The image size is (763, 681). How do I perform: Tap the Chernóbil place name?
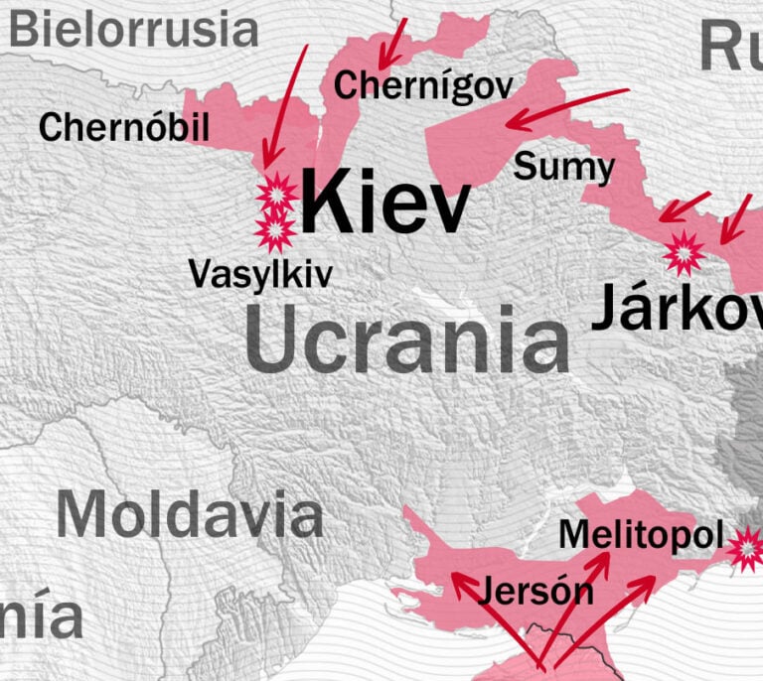point(124,127)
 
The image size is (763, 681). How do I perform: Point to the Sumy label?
point(563,167)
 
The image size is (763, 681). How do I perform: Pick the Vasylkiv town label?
point(260,274)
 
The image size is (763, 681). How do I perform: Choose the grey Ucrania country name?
point(407,340)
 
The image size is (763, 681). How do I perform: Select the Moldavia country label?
point(189,515)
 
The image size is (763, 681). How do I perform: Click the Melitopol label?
point(641,534)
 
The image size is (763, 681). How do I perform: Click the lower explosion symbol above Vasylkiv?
point(275,230)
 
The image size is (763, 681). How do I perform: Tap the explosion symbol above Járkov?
point(685,252)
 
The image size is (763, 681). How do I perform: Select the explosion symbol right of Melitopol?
point(746,548)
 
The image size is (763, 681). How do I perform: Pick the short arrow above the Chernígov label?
point(393,42)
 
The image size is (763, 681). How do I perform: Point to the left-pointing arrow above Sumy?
point(566,109)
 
